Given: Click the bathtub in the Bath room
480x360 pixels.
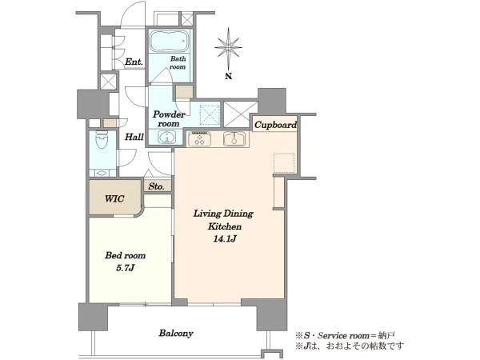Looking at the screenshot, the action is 169,41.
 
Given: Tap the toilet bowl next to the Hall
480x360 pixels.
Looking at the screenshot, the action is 102,139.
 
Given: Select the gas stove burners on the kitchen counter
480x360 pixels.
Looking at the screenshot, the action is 199,139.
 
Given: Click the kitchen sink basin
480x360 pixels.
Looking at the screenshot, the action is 234,139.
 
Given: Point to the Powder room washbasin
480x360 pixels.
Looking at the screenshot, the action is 167,137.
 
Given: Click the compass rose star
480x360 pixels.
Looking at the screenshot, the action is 228,48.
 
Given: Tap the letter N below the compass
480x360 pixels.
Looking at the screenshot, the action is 228,76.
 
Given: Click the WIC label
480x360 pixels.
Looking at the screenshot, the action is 114,198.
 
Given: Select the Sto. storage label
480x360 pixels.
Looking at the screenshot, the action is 157,186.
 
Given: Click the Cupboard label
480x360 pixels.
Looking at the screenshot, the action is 275,125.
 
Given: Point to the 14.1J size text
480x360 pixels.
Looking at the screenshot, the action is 225,239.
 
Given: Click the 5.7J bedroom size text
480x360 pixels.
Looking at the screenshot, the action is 126,269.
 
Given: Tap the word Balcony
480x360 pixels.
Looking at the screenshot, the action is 176,334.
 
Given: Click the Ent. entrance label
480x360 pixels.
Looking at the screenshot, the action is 134,62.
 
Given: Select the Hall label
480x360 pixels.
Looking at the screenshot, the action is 134,137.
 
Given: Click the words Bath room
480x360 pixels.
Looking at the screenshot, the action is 178,62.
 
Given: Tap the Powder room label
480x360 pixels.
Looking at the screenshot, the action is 169,119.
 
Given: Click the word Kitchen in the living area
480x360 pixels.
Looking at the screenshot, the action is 225,226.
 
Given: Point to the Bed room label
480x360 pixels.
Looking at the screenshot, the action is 126,255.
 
